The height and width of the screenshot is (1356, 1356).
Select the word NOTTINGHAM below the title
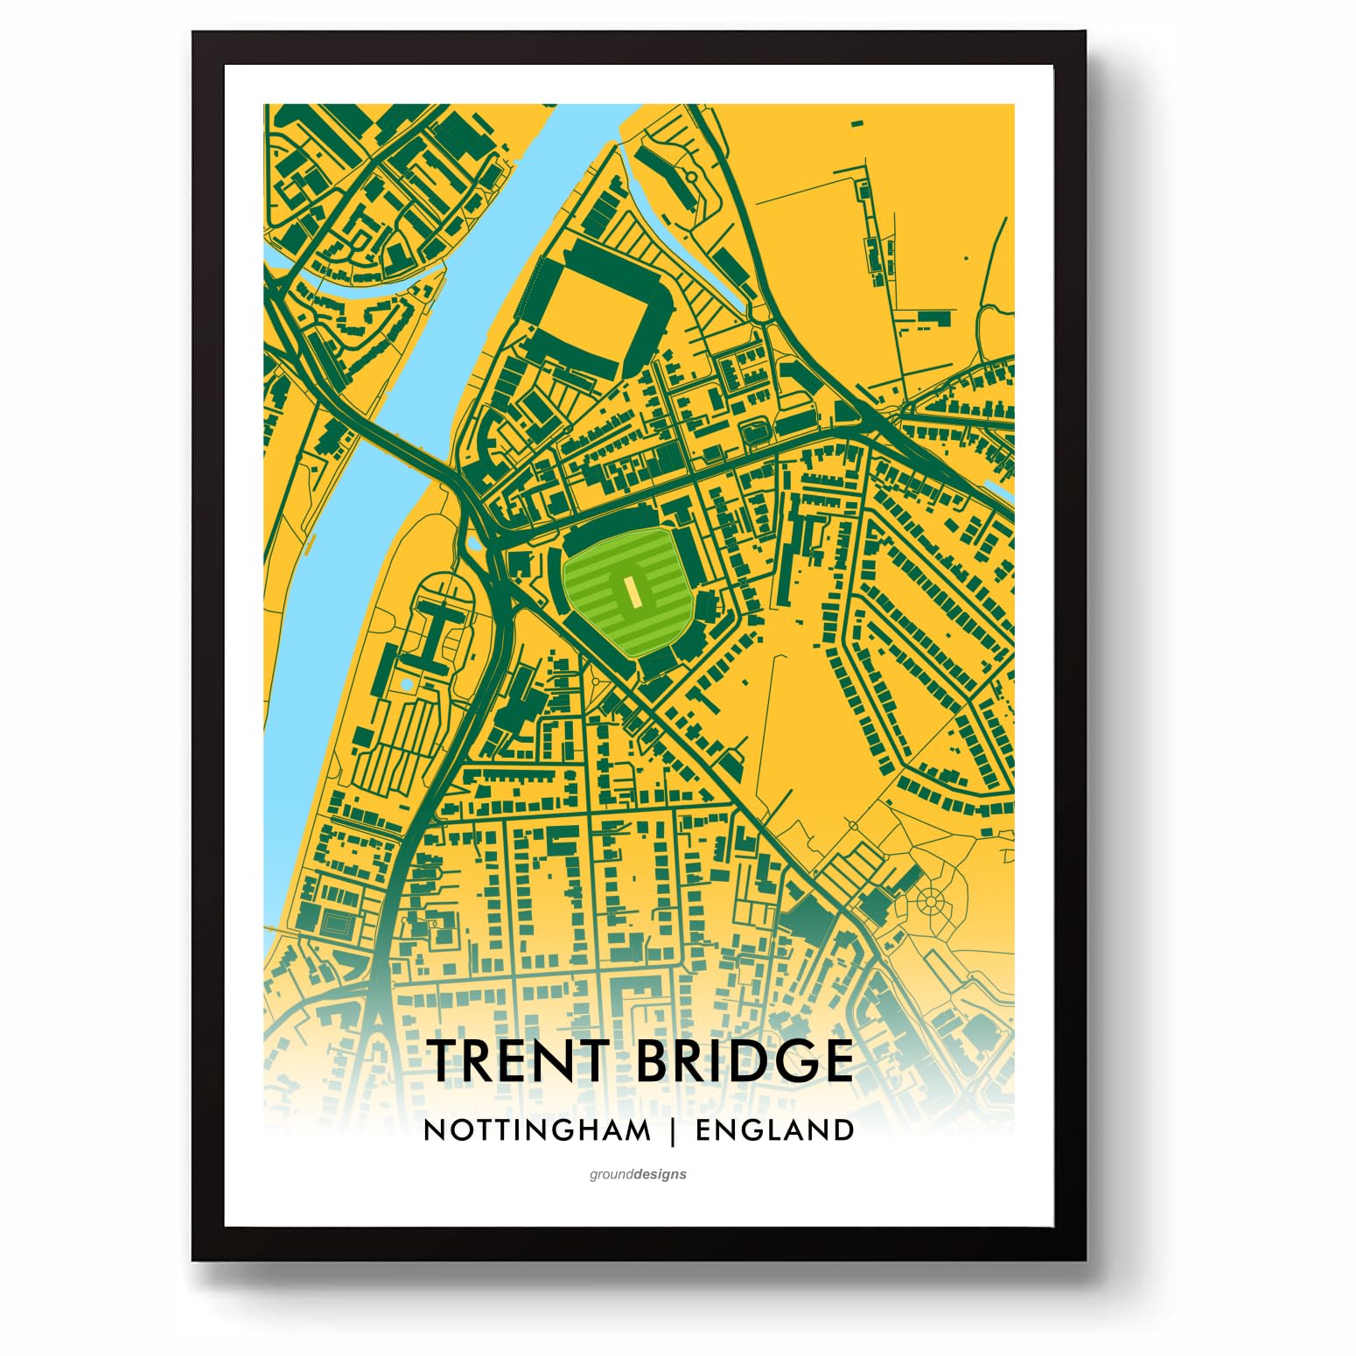point(537,1130)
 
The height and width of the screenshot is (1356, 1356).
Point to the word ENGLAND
point(774,1130)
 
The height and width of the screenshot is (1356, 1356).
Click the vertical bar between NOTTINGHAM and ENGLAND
point(673,1130)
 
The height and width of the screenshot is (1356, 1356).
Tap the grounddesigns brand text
point(638,1174)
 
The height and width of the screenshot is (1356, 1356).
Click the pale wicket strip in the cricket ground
point(628,594)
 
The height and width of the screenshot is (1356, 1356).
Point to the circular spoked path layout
point(929,899)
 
